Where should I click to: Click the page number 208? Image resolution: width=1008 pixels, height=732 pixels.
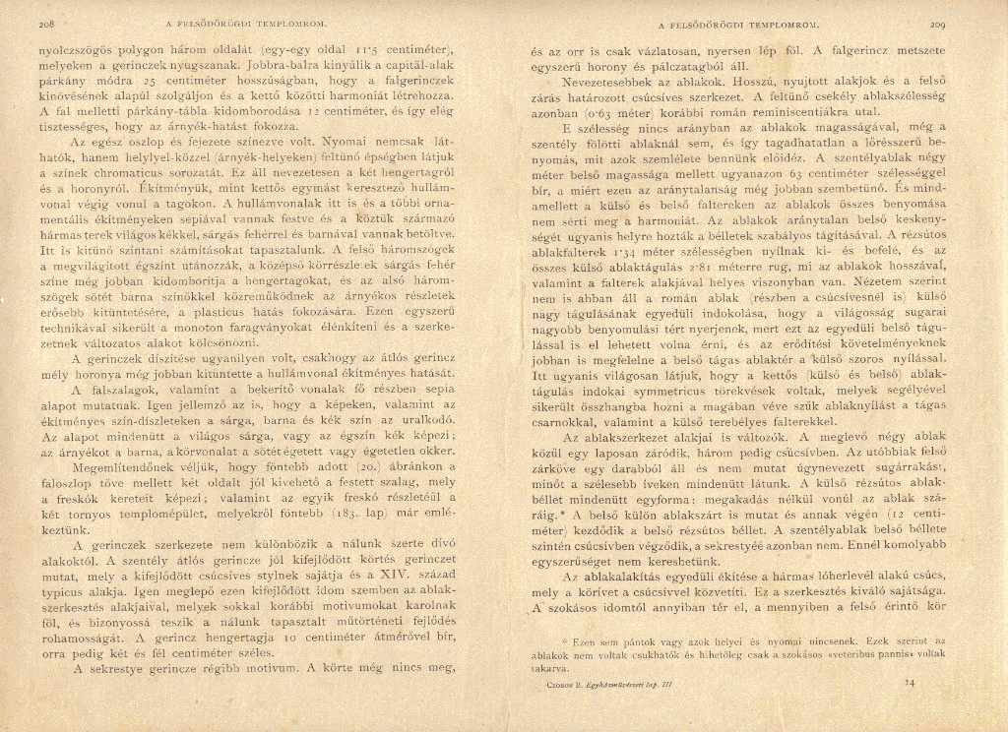45,21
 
